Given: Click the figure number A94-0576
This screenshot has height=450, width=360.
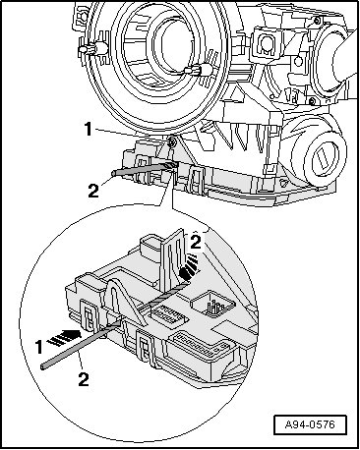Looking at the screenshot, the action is coord(310,425).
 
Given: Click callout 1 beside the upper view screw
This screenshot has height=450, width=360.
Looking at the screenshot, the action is coord(89,129).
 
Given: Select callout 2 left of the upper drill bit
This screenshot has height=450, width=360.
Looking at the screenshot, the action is coord(93,191).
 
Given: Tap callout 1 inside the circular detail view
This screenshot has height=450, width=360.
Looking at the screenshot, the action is coord(39,347).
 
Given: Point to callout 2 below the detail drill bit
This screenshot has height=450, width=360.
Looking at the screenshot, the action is coord(84,379).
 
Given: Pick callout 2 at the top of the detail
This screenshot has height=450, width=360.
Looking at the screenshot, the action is coord(196,243).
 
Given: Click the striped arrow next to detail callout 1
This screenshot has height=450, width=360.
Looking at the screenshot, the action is coord(64,337).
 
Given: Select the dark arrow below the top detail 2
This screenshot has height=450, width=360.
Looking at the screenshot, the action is coord(189,267).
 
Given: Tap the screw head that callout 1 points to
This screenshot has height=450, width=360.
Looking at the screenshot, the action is coord(172,141).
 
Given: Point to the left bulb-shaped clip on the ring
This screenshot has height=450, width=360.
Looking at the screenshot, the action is coord(93,49).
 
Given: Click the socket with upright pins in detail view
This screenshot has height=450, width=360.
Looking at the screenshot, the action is coord(213,305).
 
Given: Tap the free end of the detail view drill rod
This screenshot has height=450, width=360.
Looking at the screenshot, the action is coord(43,366).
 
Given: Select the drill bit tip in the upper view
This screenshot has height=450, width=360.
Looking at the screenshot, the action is coord(176,164).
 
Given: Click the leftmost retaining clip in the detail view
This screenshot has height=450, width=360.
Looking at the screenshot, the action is coord(88,314).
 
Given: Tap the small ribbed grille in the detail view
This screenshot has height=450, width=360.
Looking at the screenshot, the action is coord(168,313).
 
